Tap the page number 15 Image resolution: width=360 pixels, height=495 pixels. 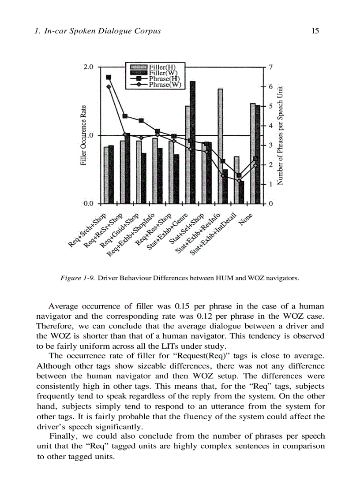[x=315, y=31]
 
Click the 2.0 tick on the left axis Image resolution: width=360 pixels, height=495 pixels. [x=88, y=67]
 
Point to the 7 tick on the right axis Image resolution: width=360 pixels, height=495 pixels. [x=272, y=67]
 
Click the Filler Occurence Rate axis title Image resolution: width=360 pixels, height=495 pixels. [x=83, y=135]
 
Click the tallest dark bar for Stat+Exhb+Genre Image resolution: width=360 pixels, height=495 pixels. [x=193, y=141]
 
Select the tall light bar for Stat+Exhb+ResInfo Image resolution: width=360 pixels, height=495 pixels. [x=220, y=145]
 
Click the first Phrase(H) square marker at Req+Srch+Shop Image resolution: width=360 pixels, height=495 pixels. [x=109, y=77]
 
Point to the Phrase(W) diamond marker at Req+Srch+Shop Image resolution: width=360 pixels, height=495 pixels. [x=109, y=86]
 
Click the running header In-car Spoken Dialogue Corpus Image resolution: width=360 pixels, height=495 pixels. [x=97, y=31]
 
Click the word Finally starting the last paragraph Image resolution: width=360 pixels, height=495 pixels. [x=62, y=436]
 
